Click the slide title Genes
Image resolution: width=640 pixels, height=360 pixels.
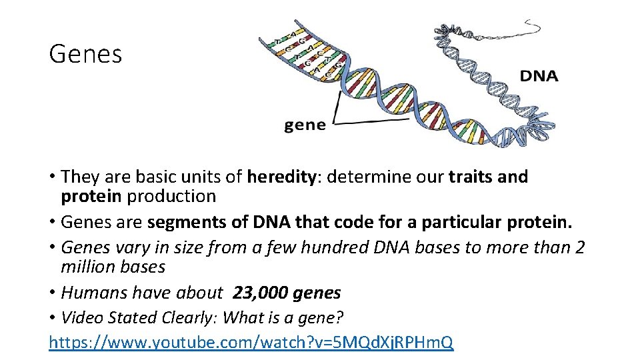[x=85, y=54]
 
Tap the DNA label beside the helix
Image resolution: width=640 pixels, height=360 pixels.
[x=539, y=76]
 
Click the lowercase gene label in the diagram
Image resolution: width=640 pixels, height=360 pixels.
[x=305, y=125]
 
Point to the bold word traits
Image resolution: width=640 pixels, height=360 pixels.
[x=471, y=177]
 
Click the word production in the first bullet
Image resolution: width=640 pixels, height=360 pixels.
[x=171, y=197]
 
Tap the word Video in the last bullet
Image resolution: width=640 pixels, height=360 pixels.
[x=80, y=318]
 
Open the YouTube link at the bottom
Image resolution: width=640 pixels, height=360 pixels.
[x=251, y=343]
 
